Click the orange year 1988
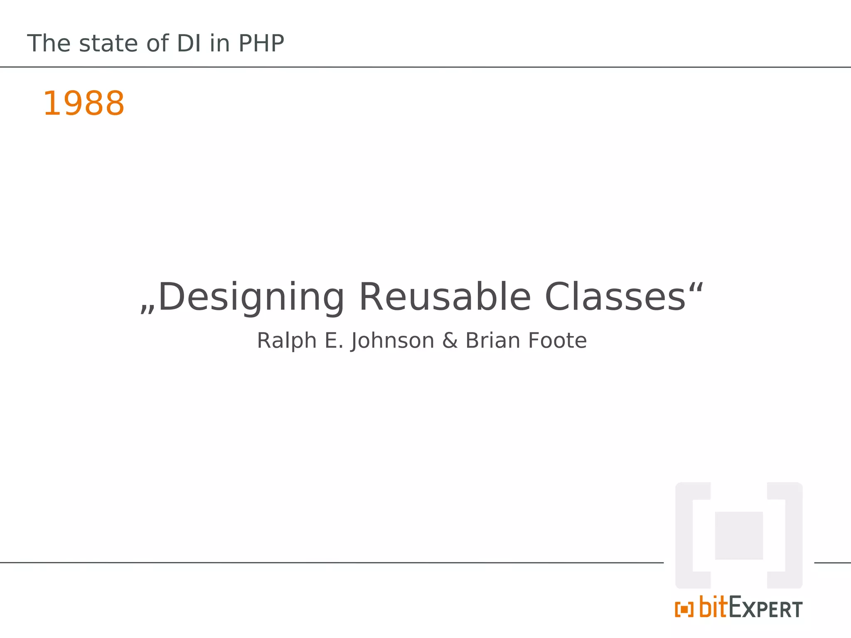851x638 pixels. pyautogui.click(x=84, y=103)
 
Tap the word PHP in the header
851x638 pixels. pyautogui.click(x=261, y=43)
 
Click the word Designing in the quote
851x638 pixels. pyautogui.click(x=251, y=297)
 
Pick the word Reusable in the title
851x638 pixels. pyautogui.click(x=445, y=297)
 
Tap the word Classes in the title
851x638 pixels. pyautogui.click(x=615, y=297)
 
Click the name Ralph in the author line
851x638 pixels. pyautogui.click(x=287, y=341)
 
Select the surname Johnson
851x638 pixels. pyautogui.click(x=392, y=341)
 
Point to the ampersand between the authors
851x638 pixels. pyautogui.click(x=450, y=341)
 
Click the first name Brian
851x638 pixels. pyautogui.click(x=493, y=341)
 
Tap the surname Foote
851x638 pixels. pyautogui.click(x=557, y=341)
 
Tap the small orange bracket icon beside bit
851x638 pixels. pyautogui.click(x=684, y=610)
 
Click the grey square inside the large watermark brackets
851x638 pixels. pyautogui.click(x=739, y=535)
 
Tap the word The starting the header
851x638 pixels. pyautogui.click(x=49, y=43)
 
